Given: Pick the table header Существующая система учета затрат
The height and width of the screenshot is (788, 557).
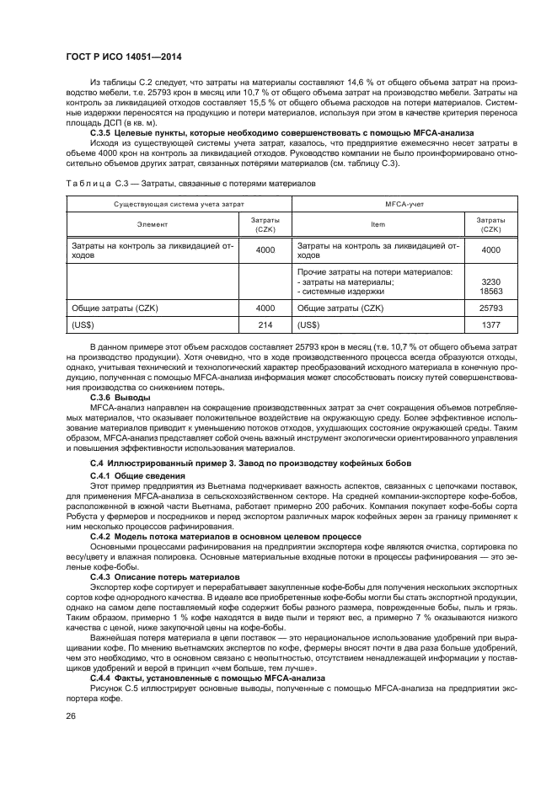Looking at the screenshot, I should tap(179, 204).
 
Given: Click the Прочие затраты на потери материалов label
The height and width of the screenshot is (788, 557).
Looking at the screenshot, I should tap(375, 272).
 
